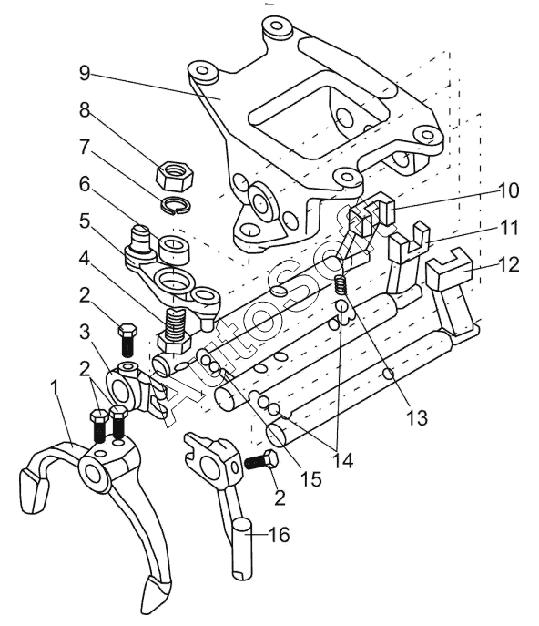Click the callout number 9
tap(85, 73)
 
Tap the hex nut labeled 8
tap(174, 176)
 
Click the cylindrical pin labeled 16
tap(242, 548)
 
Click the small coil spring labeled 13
tap(340, 285)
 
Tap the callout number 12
tap(508, 264)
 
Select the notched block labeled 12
tap(449, 269)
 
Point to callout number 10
tap(508, 190)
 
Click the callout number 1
tap(55, 387)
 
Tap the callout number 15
tap(311, 478)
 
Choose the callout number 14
tap(342, 461)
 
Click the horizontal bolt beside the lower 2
tap(261, 461)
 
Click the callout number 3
tap(85, 333)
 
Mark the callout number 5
tap(85, 221)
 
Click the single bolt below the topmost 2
tap(127, 341)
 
